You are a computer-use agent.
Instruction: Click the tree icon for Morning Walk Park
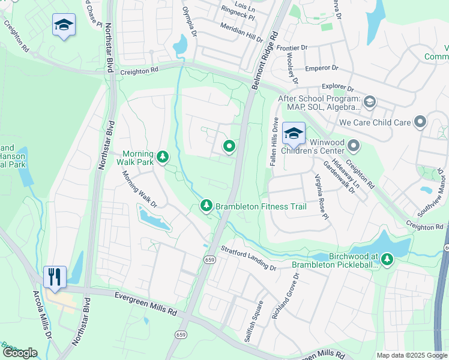162,157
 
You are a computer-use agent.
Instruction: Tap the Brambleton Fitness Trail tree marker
206,206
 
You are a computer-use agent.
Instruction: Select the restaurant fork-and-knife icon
55,277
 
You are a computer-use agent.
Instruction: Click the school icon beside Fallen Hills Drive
294,133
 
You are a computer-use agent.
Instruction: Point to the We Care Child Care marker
420,122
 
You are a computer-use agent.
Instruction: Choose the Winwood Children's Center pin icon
354,145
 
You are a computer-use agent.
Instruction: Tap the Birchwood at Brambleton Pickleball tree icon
387,259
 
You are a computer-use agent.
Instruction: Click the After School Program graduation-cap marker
369,101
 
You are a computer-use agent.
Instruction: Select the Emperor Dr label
321,68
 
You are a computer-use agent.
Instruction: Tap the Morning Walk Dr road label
139,190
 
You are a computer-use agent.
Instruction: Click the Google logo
20,353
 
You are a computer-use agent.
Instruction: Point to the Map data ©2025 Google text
411,355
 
